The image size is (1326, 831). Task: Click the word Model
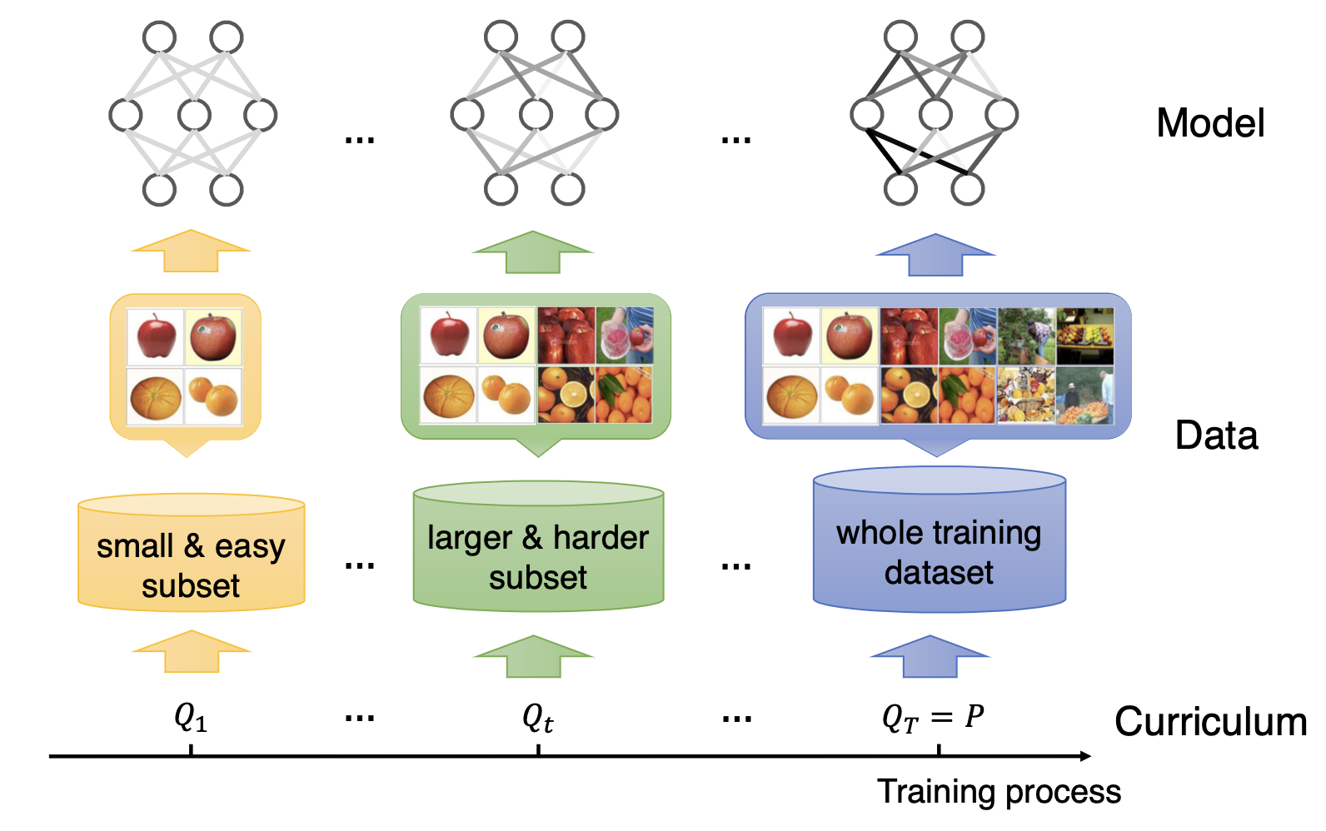click(1209, 123)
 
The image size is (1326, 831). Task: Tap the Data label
click(1216, 435)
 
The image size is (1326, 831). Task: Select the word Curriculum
click(1210, 721)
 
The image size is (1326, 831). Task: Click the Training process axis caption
click(999, 791)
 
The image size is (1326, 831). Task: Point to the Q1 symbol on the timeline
click(191, 716)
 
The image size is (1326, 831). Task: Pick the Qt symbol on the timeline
click(537, 717)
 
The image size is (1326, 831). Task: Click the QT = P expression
click(933, 717)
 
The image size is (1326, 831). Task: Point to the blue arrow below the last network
click(935, 255)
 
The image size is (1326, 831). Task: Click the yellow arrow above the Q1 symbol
click(192, 651)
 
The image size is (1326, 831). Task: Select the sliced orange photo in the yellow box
click(155, 397)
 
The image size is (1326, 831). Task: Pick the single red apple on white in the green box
click(448, 336)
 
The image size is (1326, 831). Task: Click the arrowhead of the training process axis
click(1084, 756)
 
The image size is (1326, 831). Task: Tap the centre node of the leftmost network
click(194, 115)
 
